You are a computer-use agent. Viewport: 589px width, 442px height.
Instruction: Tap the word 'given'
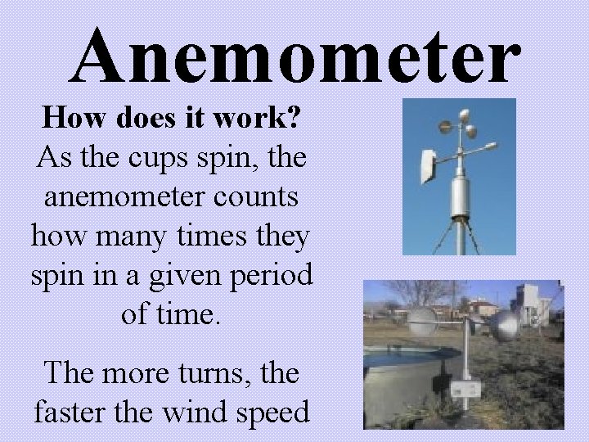[177, 276]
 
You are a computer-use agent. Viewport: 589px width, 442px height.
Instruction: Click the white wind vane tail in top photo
[428, 165]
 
